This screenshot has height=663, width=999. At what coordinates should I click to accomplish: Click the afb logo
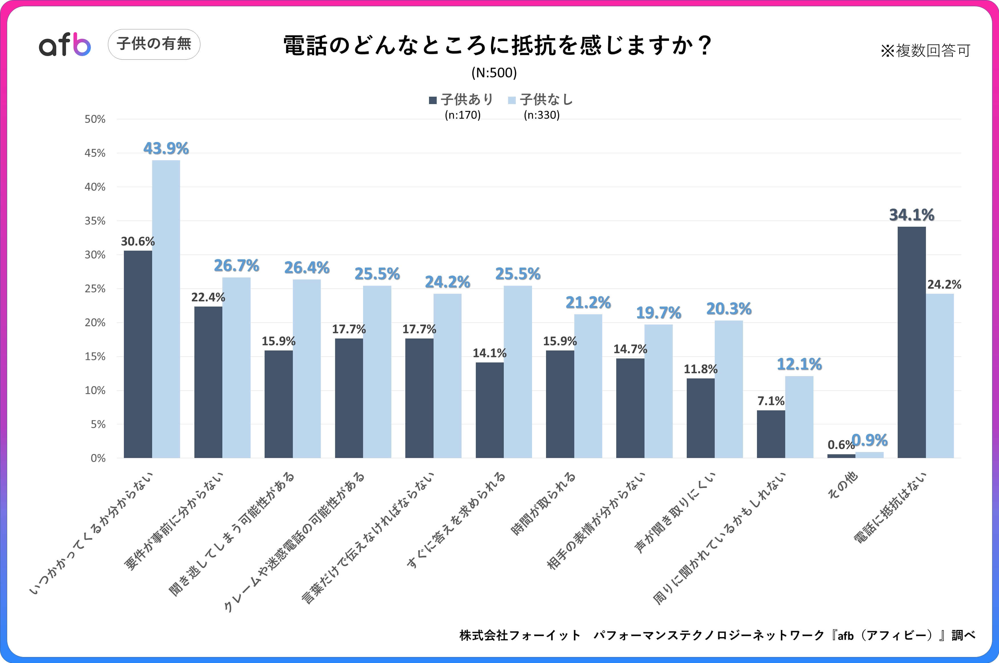click(x=65, y=44)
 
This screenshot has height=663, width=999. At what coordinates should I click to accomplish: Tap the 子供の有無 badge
click(x=154, y=44)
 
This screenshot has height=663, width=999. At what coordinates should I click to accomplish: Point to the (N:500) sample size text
click(x=494, y=73)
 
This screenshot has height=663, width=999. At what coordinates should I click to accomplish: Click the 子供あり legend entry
click(x=462, y=100)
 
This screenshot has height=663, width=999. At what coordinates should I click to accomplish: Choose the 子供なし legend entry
click(x=541, y=100)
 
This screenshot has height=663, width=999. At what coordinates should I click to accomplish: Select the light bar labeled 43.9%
click(x=166, y=309)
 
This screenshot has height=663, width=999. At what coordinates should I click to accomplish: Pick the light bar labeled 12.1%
click(x=799, y=417)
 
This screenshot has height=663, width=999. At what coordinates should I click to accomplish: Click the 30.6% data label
click(x=138, y=242)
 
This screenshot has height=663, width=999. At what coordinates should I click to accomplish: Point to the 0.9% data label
click(x=869, y=440)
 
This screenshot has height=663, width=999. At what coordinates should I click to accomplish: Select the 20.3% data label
click(x=729, y=309)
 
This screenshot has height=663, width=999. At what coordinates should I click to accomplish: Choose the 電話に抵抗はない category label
click(x=890, y=507)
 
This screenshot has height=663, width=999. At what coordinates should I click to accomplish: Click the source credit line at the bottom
click(x=717, y=635)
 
